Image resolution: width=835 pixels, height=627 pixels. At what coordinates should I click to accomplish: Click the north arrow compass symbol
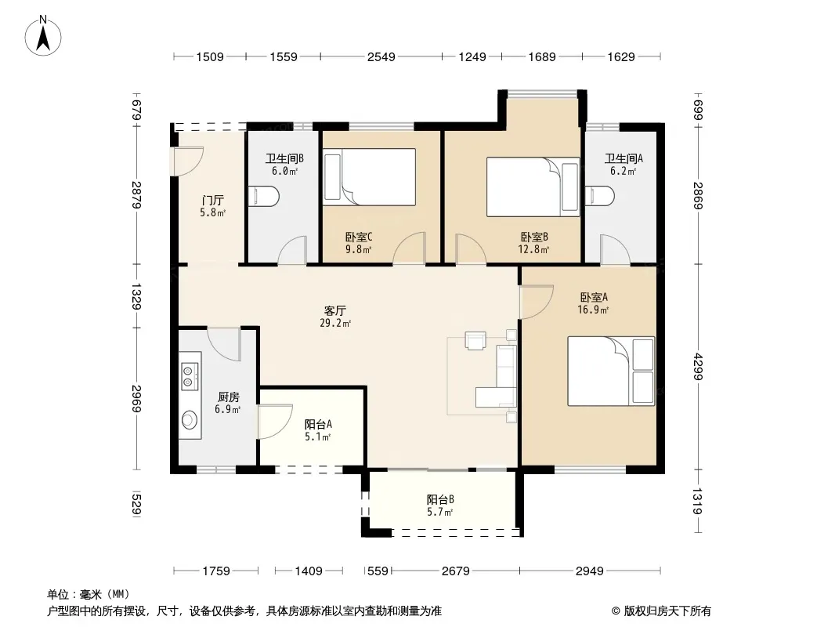[43, 37]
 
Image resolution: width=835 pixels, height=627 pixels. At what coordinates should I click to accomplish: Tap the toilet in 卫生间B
[264, 196]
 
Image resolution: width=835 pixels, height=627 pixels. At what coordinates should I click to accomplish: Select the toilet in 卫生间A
[600, 196]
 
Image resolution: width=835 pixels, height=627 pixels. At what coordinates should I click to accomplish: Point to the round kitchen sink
[190, 420]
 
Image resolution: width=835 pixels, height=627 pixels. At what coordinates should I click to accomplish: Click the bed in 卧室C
[370, 177]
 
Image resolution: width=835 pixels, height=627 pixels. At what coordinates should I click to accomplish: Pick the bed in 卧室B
[533, 187]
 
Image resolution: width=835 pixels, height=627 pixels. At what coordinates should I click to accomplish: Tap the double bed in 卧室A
[611, 371]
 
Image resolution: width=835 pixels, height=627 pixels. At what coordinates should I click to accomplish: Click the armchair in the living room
[475, 340]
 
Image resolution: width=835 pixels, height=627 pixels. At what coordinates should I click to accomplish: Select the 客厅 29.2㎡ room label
[335, 317]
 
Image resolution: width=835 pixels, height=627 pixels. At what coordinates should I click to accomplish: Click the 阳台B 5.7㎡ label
[440, 506]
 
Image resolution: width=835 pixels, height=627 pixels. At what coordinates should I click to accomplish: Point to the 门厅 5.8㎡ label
[212, 206]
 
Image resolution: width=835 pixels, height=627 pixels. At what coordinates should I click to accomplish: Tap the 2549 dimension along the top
[381, 56]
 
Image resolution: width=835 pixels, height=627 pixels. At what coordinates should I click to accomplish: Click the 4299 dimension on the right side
[698, 367]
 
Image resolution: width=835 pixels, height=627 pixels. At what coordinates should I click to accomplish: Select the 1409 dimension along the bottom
[309, 571]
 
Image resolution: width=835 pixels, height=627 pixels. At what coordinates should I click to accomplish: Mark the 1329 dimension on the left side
[136, 296]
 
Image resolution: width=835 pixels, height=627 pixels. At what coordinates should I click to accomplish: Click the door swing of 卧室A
[537, 302]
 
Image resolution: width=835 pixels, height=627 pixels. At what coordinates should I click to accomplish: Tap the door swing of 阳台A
[275, 422]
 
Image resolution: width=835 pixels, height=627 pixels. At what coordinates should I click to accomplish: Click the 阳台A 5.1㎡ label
[318, 430]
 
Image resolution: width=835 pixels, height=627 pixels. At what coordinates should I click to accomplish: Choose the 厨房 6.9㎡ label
[228, 403]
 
